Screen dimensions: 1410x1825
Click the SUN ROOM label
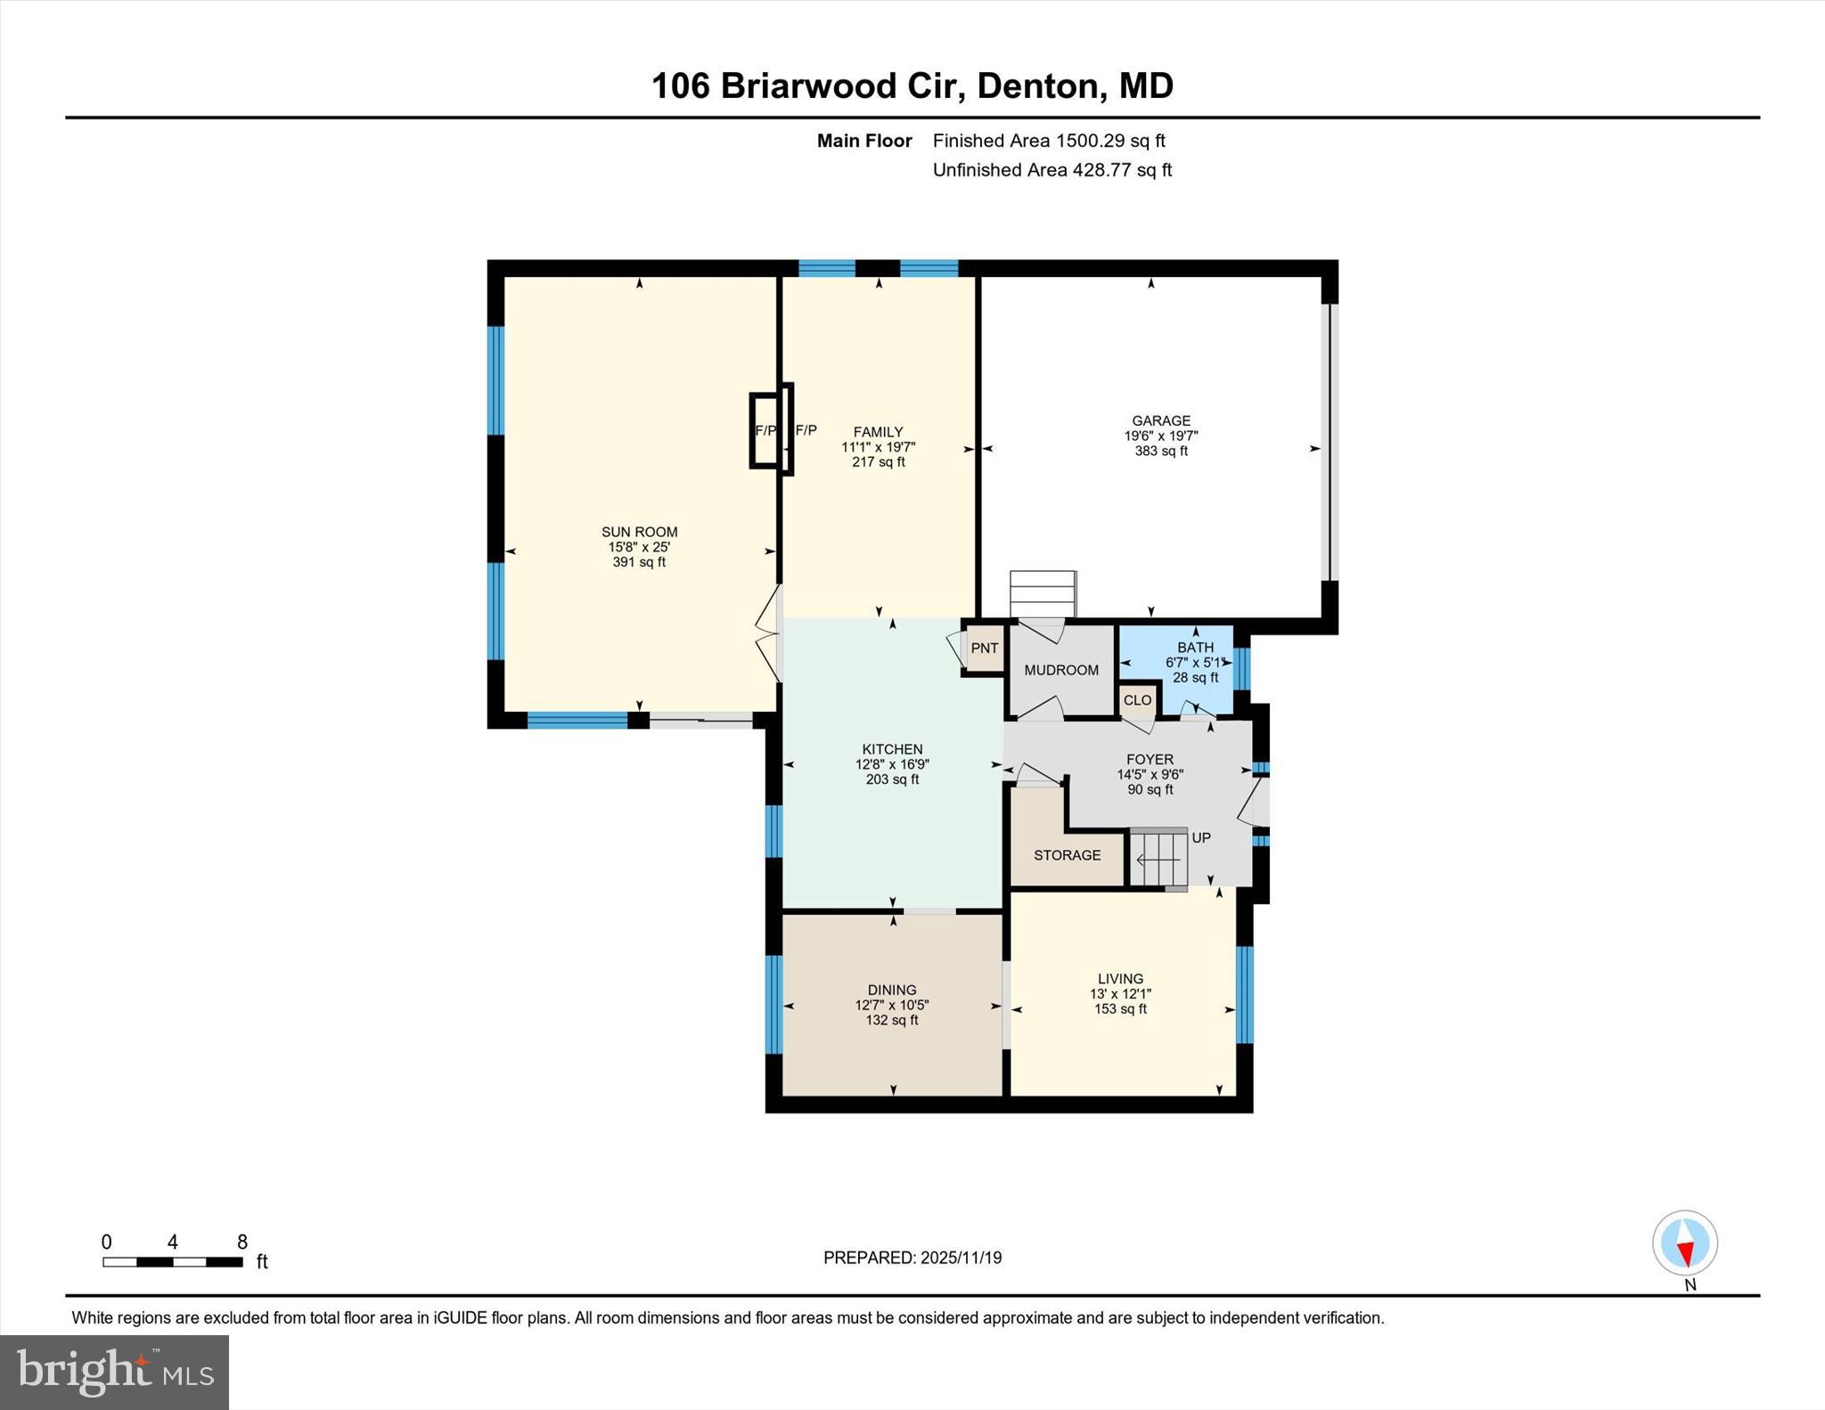[639, 532]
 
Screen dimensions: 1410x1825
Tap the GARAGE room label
[1160, 420]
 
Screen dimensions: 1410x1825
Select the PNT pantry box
[984, 648]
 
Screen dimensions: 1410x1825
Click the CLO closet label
[1137, 700]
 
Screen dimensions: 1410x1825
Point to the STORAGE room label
[1067, 855]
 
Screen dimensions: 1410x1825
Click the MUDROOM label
[1060, 670]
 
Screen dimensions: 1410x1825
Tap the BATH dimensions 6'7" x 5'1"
[1195, 663]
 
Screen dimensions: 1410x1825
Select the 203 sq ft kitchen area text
[892, 779]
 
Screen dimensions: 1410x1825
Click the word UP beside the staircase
[1201, 838]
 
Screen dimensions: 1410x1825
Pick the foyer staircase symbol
[1159, 860]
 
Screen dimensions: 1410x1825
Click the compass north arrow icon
[1684, 1243]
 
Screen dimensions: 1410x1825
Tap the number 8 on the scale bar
[241, 1242]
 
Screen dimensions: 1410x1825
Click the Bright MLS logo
[114, 1372]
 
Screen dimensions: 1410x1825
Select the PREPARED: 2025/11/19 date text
[912, 1258]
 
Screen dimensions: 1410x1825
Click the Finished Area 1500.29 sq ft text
[1048, 141]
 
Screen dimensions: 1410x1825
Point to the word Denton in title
[1036, 86]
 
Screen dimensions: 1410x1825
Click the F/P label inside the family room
[806, 430]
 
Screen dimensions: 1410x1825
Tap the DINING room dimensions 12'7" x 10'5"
[891, 1005]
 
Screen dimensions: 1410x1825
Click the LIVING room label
[1120, 978]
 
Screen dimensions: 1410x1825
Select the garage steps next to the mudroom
[1043, 593]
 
